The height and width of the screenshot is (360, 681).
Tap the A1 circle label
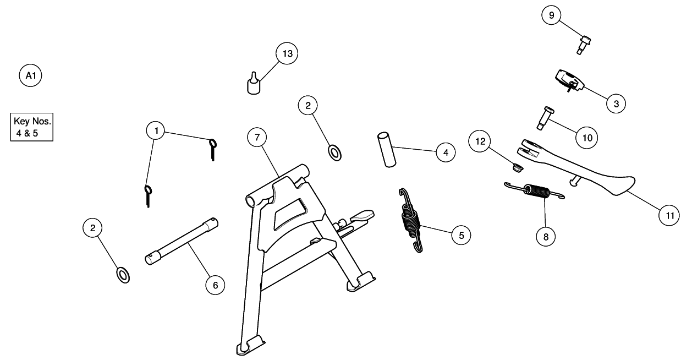coord(30,75)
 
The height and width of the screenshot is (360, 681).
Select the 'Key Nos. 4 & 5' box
coord(32,128)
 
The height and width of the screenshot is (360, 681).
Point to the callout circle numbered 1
coord(157,130)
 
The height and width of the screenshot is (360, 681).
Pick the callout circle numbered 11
coord(669,216)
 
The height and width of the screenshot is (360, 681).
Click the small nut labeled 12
coord(516,167)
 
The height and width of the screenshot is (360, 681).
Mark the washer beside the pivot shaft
coord(123,274)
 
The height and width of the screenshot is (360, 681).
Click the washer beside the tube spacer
coord(334,151)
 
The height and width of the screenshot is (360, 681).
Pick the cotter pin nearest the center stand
coord(213,149)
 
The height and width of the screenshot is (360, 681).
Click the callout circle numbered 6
coord(215,285)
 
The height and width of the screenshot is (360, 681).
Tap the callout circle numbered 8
coord(546,237)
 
